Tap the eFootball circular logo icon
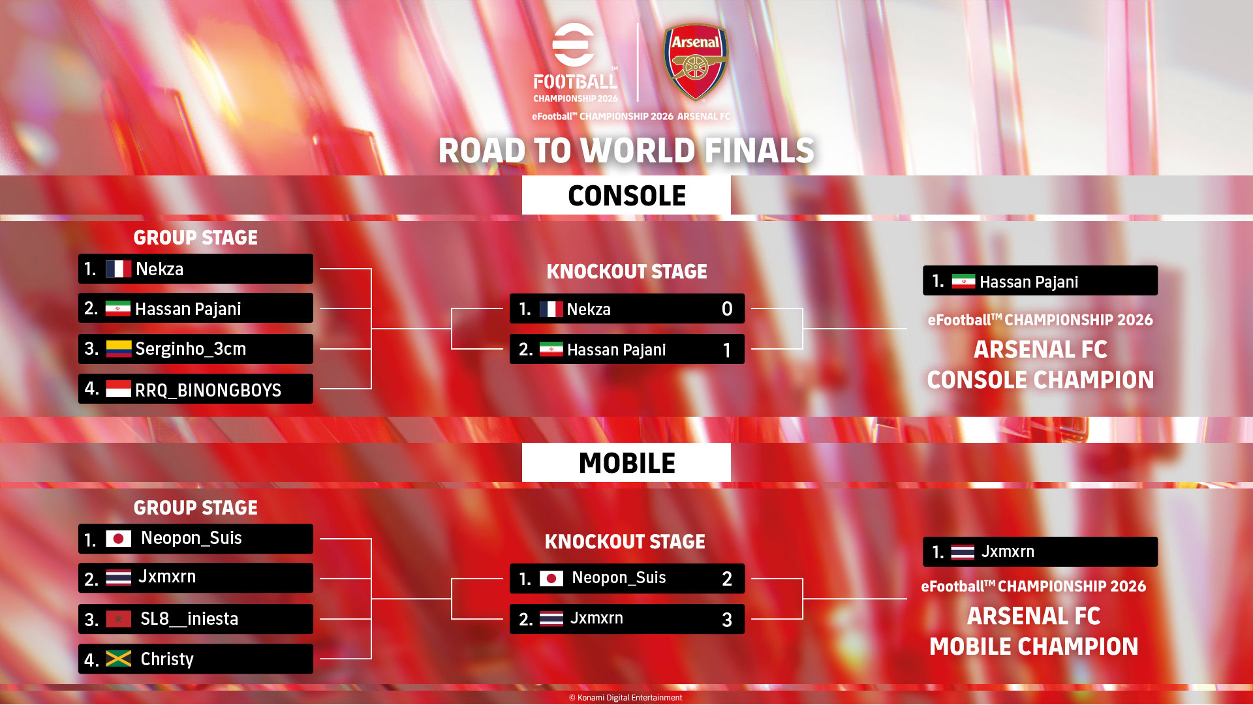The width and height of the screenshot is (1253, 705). pos(574,44)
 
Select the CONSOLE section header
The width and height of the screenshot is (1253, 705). pos(626,196)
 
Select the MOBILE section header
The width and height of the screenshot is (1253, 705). pos(626,463)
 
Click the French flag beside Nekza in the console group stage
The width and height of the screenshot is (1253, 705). pos(118,269)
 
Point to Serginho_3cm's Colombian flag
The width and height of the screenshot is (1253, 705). pos(118,349)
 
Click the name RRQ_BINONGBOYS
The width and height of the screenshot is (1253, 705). pos(208,390)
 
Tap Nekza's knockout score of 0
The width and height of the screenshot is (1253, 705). pos(727,309)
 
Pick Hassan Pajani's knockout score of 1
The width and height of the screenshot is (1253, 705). pos(727,350)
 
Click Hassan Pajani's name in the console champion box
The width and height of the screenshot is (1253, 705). pos(1029,282)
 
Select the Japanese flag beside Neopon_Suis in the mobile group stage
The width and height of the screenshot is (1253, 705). pos(118,539)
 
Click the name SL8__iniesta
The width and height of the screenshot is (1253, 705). pos(189,618)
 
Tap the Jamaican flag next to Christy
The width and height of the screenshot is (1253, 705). pos(118,659)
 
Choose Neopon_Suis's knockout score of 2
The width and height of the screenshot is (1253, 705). pos(727,579)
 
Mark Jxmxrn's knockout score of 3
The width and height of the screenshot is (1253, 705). pos(727,620)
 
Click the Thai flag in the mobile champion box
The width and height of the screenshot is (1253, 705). pos(963,552)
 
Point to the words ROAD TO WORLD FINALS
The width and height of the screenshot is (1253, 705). pos(626,151)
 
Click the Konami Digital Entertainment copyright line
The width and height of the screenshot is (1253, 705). pos(625,698)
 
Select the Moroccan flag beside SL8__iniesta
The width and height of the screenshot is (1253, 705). pos(118,619)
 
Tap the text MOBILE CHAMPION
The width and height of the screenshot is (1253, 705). pos(1034,646)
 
